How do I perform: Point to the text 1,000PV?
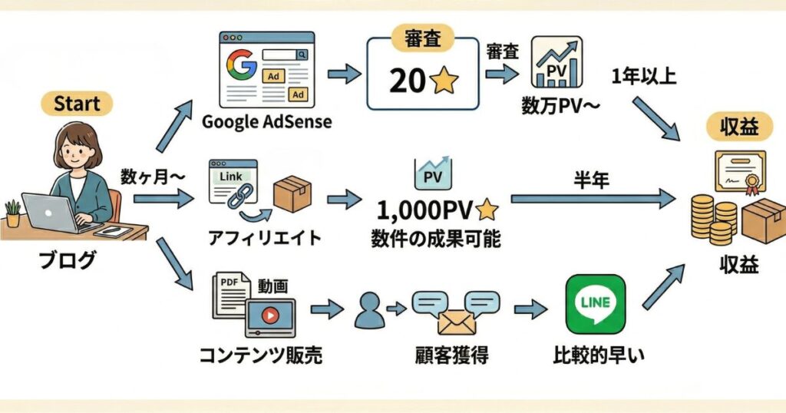424,210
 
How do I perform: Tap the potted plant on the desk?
12,213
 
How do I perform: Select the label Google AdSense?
266,122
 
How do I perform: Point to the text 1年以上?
644,77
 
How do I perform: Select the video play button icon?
269,315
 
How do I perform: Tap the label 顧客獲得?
449,355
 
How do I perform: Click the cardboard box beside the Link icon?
292,193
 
